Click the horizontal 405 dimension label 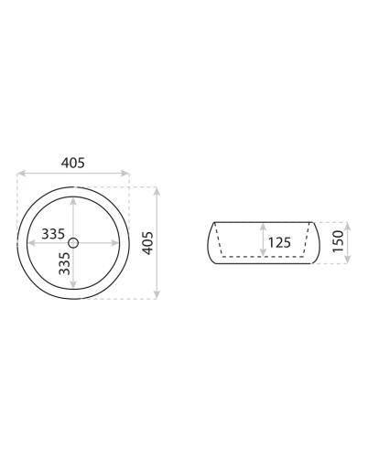click(x=73, y=163)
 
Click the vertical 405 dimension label click(x=148, y=243)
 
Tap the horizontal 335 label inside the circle click(x=53, y=234)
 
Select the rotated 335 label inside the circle click(x=64, y=263)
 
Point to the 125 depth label click(x=279, y=243)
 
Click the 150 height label click(x=338, y=241)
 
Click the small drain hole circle click(x=73, y=243)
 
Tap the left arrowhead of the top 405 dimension click(x=21, y=174)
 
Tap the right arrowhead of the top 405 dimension click(x=125, y=174)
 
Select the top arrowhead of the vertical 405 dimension click(x=157, y=191)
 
